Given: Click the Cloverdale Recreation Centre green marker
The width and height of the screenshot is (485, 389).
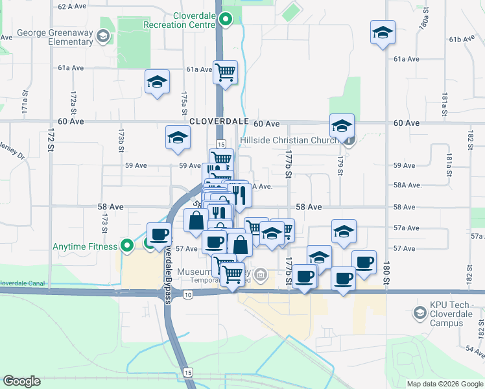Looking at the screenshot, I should click(225, 19).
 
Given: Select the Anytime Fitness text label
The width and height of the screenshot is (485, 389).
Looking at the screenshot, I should click(86, 246).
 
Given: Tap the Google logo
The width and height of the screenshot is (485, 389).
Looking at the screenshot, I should click(22, 381).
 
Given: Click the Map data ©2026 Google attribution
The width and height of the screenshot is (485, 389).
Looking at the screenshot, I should click(444, 384).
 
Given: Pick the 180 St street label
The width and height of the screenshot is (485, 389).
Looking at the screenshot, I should click(386, 266).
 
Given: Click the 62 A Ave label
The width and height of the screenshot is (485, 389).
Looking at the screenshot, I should click(72, 6).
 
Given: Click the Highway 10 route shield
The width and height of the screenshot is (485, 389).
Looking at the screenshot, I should click(187, 294).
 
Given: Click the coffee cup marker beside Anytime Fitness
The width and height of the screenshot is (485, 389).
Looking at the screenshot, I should click(159, 234).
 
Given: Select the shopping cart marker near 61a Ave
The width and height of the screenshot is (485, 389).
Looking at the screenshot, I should click(225, 71).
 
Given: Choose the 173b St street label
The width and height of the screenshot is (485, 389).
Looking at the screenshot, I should click(121, 140).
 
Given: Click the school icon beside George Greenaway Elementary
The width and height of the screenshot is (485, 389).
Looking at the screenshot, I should click(102, 35).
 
